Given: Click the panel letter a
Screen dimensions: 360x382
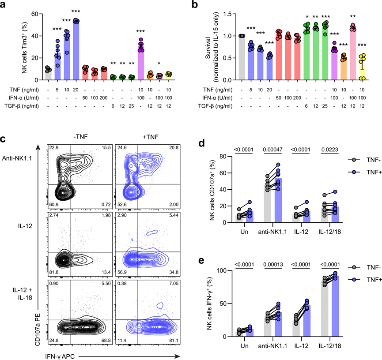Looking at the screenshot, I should [x=4, y=6].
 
